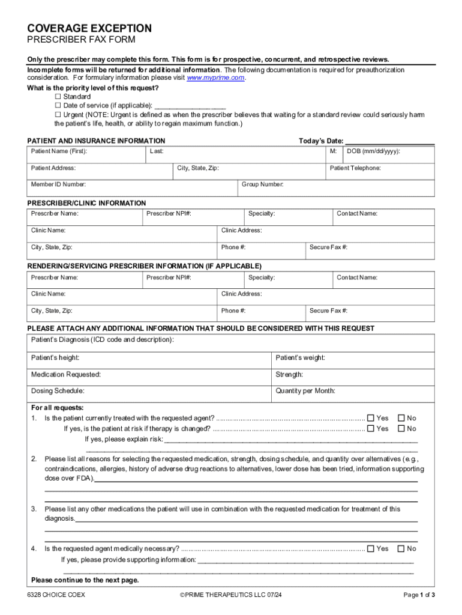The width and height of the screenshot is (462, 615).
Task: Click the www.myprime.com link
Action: tap(216, 78)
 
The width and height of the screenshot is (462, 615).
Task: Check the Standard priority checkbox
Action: tap(58, 97)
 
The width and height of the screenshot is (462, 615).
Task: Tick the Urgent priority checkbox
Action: tap(58, 114)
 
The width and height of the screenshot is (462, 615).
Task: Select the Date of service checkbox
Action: tap(58, 105)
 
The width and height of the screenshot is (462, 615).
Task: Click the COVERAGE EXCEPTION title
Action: tap(89, 29)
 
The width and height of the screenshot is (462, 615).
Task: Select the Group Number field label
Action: tap(263, 184)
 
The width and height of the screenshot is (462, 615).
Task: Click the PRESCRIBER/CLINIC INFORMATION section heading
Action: tap(87, 204)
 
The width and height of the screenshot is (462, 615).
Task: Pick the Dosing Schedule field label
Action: tap(58, 391)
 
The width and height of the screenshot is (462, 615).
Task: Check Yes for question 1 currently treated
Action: tap(371, 418)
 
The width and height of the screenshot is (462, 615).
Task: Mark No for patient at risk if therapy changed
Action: tap(401, 429)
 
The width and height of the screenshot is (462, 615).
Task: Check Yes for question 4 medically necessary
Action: tap(371, 548)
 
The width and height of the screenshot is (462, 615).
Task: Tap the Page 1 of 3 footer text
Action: tap(419, 595)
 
